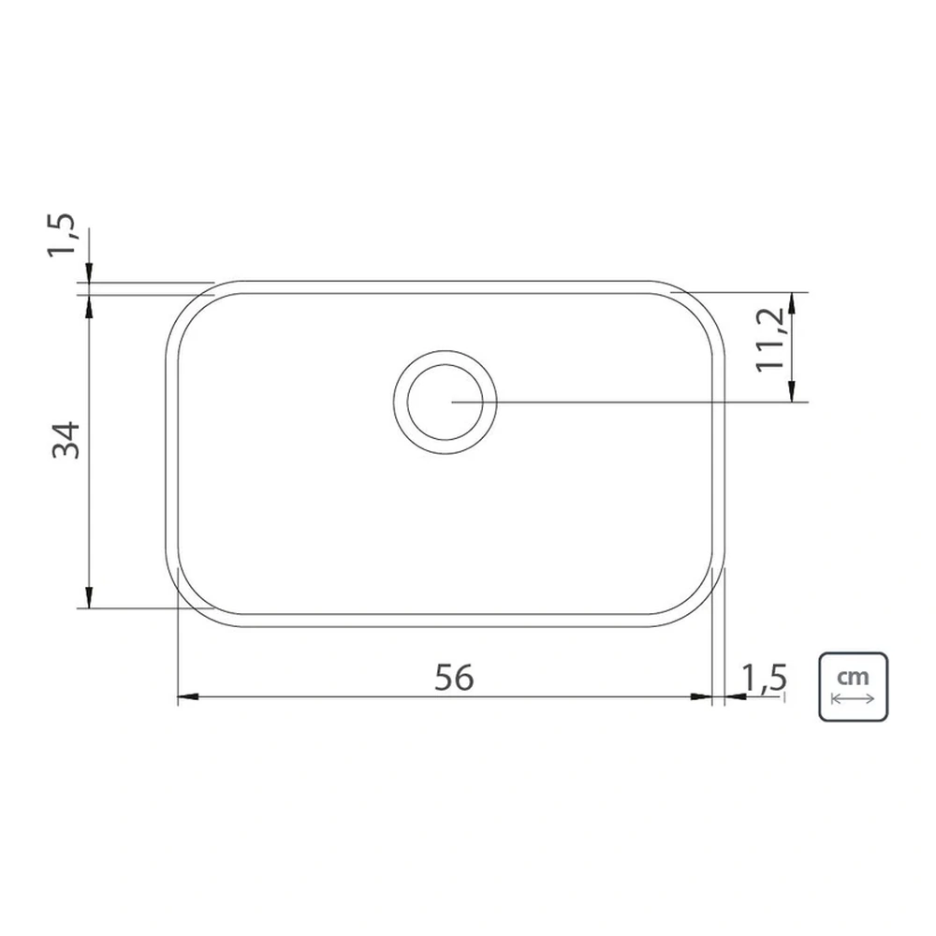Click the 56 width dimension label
[x=454, y=678]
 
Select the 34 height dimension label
[x=66, y=440]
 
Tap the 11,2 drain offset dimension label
[x=770, y=340]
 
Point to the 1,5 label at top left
[x=62, y=235]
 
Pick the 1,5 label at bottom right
[x=764, y=678]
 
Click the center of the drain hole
[x=445, y=402]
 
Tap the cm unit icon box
[x=853, y=687]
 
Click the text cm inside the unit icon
[x=853, y=677]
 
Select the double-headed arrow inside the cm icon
[x=853, y=699]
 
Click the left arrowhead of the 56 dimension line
[x=187, y=696]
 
